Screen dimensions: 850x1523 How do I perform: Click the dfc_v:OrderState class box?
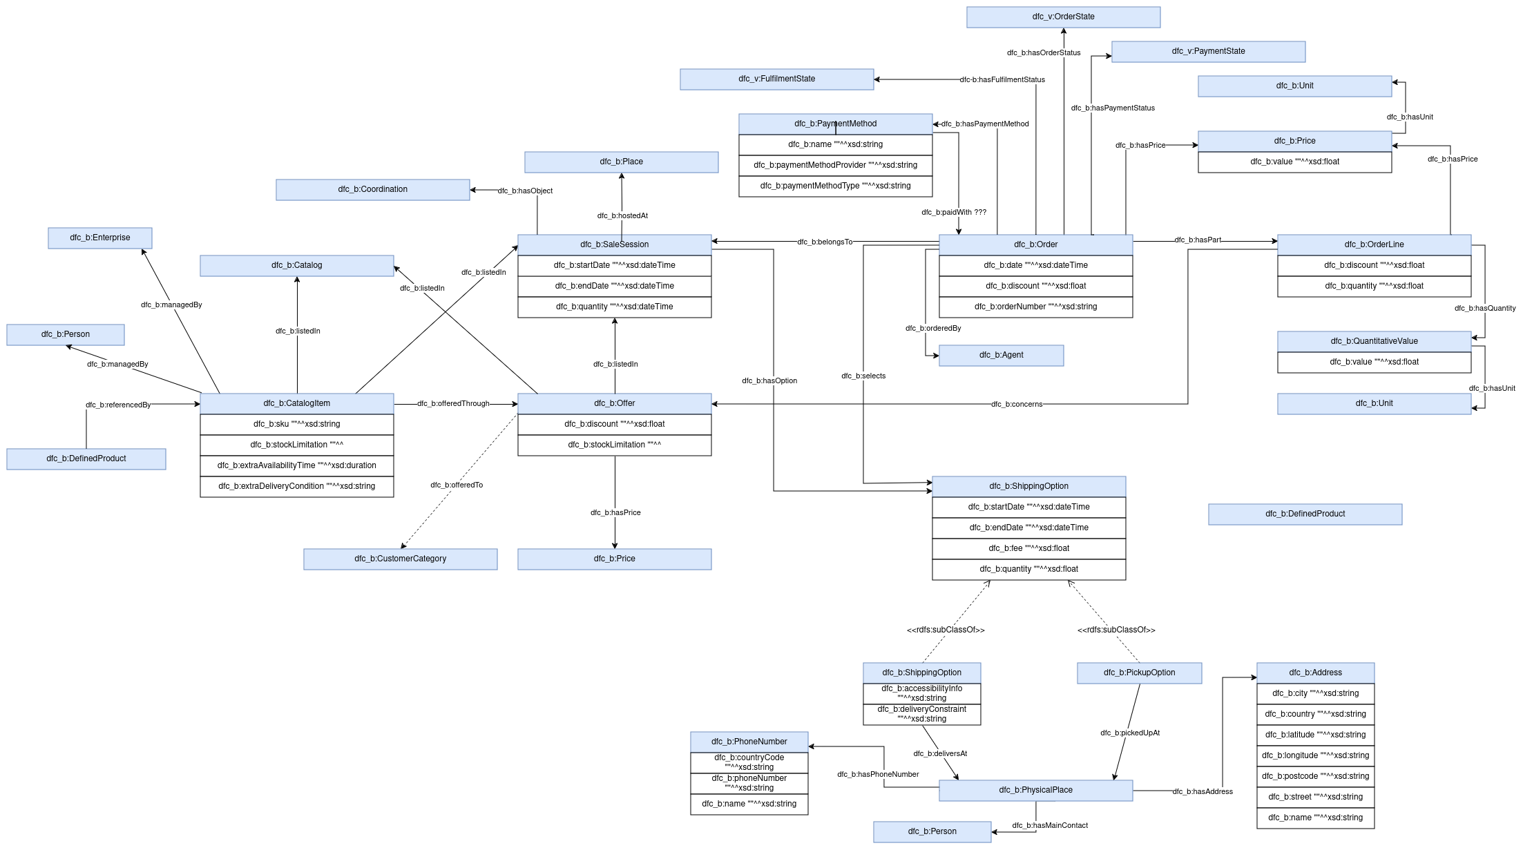(x=1063, y=17)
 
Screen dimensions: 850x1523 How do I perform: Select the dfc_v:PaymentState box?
(x=1208, y=51)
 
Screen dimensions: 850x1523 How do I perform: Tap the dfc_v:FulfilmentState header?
(x=776, y=79)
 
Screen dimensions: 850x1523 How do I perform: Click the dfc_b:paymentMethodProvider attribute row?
(x=835, y=165)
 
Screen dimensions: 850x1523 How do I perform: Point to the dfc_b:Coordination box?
(x=372, y=189)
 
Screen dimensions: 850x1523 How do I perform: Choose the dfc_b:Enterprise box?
(x=99, y=238)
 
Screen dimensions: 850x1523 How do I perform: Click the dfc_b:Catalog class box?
(x=296, y=265)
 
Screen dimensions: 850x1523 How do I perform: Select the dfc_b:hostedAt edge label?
(x=622, y=215)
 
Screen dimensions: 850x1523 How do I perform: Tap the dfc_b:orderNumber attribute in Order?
(x=1035, y=307)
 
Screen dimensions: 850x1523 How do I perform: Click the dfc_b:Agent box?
(x=1001, y=355)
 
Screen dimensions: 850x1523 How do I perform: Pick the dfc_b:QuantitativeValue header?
(x=1374, y=341)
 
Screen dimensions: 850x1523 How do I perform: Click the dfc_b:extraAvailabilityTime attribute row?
(x=296, y=465)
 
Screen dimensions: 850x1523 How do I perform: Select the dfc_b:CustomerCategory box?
(x=400, y=559)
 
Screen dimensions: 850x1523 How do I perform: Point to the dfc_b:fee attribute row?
(x=1028, y=548)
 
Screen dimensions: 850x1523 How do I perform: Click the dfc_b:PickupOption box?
(x=1139, y=673)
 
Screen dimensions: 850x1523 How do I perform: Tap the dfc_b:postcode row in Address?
(x=1315, y=776)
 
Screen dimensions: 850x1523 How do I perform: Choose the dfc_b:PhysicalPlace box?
(x=1035, y=790)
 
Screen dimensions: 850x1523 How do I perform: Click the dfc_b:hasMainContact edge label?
(x=1050, y=825)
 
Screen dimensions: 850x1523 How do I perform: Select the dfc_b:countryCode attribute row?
(x=749, y=762)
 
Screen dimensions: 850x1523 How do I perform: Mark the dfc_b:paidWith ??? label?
(x=954, y=212)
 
